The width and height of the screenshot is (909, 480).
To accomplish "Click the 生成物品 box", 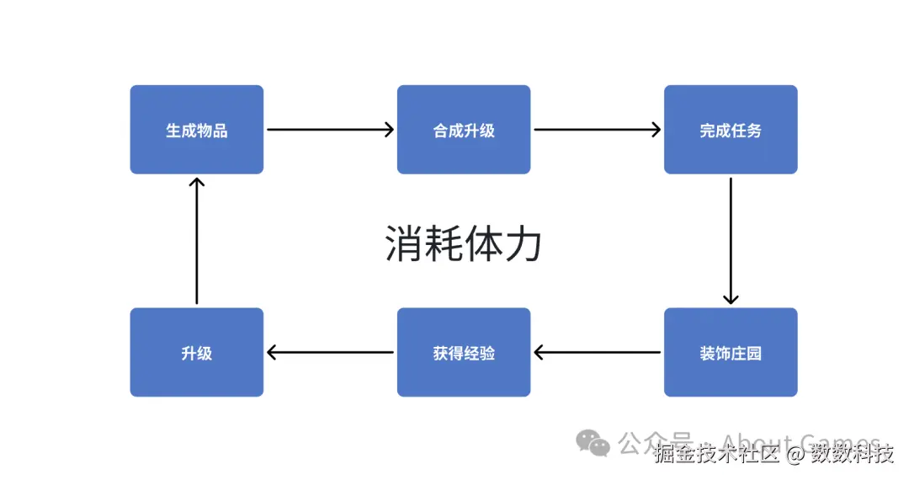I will pyautogui.click(x=196, y=130).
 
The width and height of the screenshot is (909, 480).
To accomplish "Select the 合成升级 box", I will pyautogui.click(x=464, y=130).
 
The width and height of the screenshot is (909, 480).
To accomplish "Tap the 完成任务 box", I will pyautogui.click(x=731, y=130).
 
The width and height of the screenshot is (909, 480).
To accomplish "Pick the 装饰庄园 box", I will pyautogui.click(x=731, y=352).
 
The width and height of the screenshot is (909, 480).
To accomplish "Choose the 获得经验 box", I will pyautogui.click(x=464, y=352).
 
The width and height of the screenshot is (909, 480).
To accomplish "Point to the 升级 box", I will pyautogui.click(x=196, y=352).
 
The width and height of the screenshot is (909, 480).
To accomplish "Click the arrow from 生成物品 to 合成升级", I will pyautogui.click(x=330, y=130).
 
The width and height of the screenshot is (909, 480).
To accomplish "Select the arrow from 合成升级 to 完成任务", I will pyautogui.click(x=598, y=130).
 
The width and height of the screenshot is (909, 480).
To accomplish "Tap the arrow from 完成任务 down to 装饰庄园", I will pyautogui.click(x=731, y=240).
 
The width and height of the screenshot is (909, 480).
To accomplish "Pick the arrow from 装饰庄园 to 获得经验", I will pyautogui.click(x=598, y=352).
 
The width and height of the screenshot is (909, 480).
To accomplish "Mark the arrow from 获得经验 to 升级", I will pyautogui.click(x=330, y=352).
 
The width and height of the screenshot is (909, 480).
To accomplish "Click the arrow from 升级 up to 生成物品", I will pyautogui.click(x=196, y=240).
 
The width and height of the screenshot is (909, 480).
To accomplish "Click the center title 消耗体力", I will pyautogui.click(x=463, y=244).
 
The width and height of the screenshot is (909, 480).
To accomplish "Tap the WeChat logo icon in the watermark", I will pyautogui.click(x=593, y=443).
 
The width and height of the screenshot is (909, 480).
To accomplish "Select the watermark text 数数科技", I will pyautogui.click(x=852, y=455).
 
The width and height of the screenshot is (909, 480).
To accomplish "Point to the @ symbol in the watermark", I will pyautogui.click(x=795, y=455).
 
